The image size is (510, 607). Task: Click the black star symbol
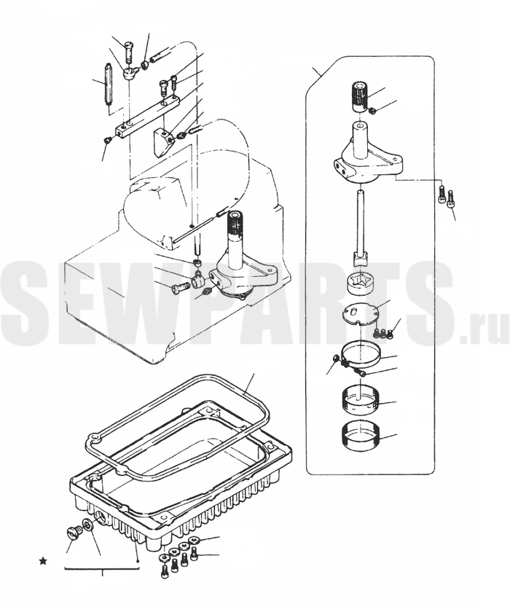point(43,560)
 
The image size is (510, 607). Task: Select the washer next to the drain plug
point(88,525)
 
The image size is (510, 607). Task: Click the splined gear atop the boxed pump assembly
point(360,96)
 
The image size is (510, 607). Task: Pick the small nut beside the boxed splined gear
point(372,111)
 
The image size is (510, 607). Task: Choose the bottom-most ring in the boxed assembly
point(361,436)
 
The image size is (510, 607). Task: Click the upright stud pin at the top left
point(107,85)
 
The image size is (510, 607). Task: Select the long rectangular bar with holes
point(148,117)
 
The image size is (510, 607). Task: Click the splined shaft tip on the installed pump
point(235,223)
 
